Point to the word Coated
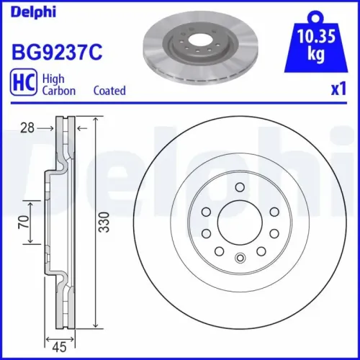click(x=109, y=91)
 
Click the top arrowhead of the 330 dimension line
click(x=96, y=120)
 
